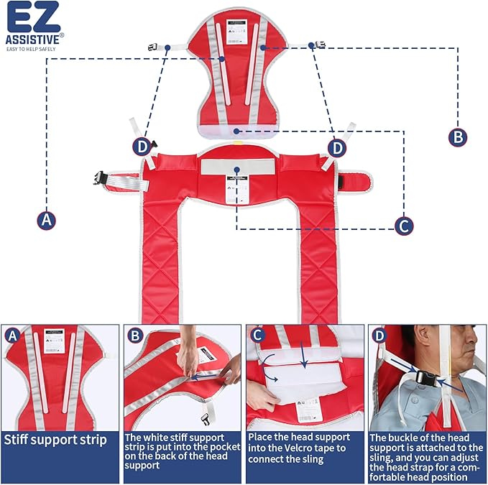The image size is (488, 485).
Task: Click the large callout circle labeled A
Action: click(x=47, y=219)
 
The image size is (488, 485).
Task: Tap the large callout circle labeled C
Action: click(x=404, y=226)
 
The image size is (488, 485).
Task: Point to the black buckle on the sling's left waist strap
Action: click(x=99, y=177)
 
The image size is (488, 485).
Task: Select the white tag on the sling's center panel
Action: click(x=235, y=192)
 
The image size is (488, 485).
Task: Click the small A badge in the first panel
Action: click(x=11, y=335)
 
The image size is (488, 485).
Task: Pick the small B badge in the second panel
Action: click(x=134, y=335)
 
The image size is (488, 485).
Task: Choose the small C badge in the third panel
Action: click(x=257, y=335)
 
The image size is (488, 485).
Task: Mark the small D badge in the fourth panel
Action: click(x=379, y=335)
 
